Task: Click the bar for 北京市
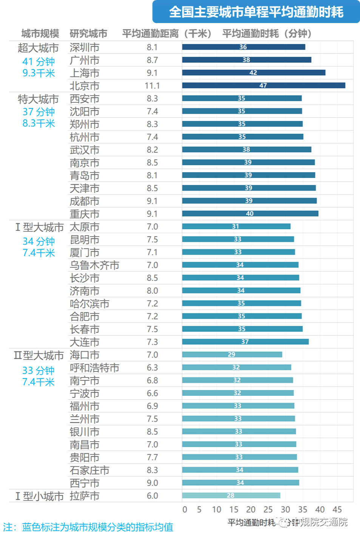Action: (264, 85)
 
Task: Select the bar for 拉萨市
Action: (231, 496)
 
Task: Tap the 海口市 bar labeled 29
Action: (232, 354)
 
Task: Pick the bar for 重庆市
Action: (250, 213)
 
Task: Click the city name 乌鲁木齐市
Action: (94, 265)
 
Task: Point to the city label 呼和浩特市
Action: (94, 368)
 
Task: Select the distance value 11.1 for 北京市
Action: (152, 86)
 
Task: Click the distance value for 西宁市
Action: (152, 483)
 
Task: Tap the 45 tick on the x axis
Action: (337, 510)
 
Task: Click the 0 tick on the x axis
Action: (185, 510)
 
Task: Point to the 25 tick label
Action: (268, 510)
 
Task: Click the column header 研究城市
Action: (88, 34)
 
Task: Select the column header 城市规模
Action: (40, 34)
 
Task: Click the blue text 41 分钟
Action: (39, 62)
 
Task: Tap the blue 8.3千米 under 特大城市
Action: (39, 123)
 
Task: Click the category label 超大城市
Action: (38, 48)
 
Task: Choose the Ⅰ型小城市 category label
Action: (39, 496)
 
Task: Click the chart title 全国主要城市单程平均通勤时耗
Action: (256, 12)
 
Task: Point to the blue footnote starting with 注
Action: (88, 527)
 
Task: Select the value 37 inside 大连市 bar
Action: (245, 342)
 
